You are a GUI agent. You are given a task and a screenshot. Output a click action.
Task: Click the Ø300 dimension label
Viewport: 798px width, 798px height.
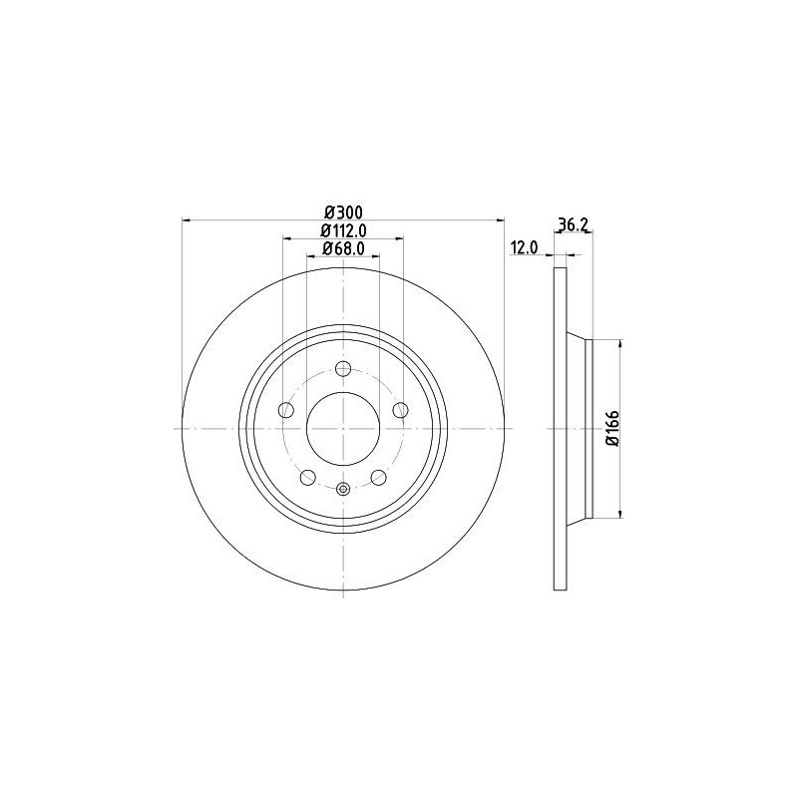343,211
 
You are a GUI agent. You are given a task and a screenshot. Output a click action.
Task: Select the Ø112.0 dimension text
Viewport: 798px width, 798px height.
343,230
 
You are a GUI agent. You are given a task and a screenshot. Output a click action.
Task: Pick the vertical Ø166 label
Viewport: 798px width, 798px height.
612,428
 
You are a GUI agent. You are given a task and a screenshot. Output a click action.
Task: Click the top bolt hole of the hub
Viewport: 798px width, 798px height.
343,368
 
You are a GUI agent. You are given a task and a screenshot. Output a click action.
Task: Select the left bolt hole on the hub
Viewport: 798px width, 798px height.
286,410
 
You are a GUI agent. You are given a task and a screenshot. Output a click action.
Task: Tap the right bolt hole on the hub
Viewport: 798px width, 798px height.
401,410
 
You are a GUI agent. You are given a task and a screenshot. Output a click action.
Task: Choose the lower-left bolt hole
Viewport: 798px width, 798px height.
308,478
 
